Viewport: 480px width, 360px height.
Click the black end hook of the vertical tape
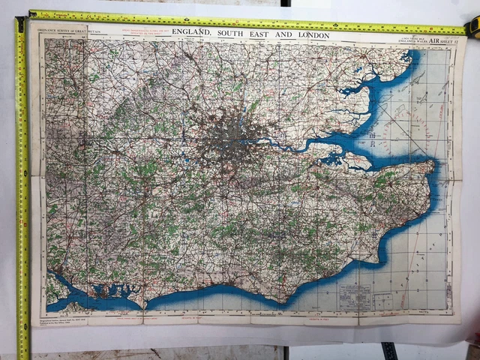coord(20,25)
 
